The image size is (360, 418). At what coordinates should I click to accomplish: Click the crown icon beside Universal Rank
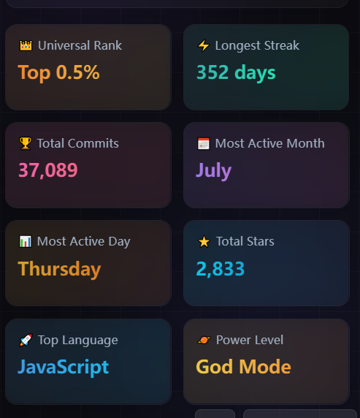pyautogui.click(x=26, y=45)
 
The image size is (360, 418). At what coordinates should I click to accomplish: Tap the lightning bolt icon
pyautogui.click(x=204, y=45)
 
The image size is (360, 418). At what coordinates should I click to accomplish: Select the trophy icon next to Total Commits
pyautogui.click(x=26, y=143)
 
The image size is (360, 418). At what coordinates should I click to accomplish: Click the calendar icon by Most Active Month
pyautogui.click(x=204, y=143)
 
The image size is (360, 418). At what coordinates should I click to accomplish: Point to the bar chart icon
pyautogui.click(x=26, y=242)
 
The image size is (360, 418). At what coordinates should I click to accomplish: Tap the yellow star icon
pyautogui.click(x=204, y=242)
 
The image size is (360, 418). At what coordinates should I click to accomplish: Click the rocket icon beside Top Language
pyautogui.click(x=26, y=340)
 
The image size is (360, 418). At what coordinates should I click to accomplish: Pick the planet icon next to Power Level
pyautogui.click(x=204, y=340)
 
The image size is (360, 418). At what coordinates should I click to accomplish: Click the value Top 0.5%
pyautogui.click(x=58, y=72)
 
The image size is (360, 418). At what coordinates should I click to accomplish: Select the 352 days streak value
pyautogui.click(x=236, y=72)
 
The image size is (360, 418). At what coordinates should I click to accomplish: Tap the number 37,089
pyautogui.click(x=48, y=170)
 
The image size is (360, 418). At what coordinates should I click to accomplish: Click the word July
pyautogui.click(x=214, y=170)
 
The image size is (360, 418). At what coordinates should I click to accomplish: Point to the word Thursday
pyautogui.click(x=59, y=269)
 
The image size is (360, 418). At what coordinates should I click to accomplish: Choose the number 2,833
pyautogui.click(x=221, y=269)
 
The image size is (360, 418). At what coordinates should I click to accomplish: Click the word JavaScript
pyautogui.click(x=63, y=368)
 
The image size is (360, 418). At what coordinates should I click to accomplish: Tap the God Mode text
pyautogui.click(x=243, y=367)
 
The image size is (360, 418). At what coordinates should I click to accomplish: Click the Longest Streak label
pyautogui.click(x=257, y=45)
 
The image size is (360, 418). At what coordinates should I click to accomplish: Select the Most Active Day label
pyautogui.click(x=84, y=242)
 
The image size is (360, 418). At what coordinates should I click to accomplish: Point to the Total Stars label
pyautogui.click(x=245, y=241)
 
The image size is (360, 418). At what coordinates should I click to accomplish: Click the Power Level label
pyautogui.click(x=250, y=340)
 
